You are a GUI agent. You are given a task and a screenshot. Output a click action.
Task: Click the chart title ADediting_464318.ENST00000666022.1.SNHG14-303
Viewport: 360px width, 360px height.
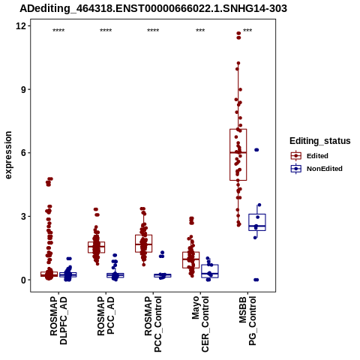(153, 8)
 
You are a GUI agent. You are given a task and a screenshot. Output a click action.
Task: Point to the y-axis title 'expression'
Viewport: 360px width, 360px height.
(8, 155)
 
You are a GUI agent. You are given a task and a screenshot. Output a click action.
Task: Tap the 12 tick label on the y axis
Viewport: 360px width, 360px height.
(21, 25)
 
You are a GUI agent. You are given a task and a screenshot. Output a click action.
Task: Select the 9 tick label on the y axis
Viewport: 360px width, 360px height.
(24, 89)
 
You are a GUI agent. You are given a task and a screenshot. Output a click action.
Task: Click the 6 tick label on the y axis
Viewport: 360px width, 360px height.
(24, 153)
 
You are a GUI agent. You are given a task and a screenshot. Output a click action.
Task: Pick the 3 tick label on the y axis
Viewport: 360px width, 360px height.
(24, 216)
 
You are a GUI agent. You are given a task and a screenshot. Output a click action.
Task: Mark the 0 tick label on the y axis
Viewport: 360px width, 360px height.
(24, 280)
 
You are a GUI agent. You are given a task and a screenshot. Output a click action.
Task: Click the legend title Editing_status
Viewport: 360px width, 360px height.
(320, 141)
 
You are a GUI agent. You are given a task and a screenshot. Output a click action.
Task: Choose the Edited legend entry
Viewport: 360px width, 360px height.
(310, 156)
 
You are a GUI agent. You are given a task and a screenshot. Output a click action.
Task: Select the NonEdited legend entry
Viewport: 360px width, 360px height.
(316, 169)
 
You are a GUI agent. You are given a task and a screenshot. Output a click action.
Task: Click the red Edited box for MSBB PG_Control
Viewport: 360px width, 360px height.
(238, 154)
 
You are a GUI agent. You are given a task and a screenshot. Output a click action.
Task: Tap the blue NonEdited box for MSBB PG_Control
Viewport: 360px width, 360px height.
(257, 222)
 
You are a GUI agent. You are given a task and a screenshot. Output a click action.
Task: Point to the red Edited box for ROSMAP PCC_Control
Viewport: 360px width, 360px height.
(144, 244)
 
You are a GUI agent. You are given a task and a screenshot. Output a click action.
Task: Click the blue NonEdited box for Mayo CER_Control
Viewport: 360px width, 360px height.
(210, 271)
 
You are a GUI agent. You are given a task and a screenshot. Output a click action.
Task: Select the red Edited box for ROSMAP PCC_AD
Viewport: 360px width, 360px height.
(97, 247)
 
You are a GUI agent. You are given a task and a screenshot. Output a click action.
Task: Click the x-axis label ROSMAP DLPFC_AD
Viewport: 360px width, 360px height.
(58, 320)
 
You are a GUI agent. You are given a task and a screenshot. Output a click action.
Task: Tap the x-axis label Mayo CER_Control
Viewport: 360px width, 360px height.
(200, 324)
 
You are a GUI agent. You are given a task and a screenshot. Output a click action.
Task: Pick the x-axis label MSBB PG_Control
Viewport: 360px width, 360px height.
(247, 321)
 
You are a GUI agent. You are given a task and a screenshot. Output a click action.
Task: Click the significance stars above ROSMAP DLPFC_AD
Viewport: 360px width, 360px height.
(58, 31)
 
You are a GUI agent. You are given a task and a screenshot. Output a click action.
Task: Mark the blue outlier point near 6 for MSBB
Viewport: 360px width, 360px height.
(256, 150)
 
